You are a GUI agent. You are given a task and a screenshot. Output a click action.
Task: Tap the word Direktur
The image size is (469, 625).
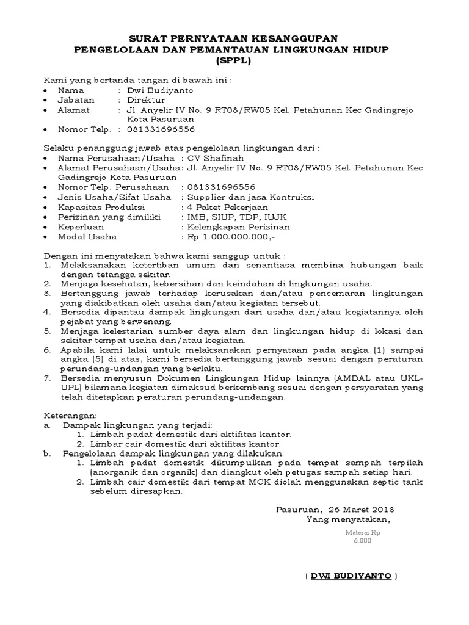tap(146, 99)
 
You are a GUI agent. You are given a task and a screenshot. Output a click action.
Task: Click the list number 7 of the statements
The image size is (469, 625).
tap(47, 378)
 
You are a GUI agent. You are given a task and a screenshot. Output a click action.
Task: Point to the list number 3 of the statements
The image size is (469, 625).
tap(47, 294)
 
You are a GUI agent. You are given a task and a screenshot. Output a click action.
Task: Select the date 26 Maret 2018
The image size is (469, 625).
tap(362, 510)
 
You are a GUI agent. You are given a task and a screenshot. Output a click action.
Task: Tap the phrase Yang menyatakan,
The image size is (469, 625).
tap(348, 519)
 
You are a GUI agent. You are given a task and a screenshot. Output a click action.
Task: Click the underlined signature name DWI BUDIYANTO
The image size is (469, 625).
tap(351, 576)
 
